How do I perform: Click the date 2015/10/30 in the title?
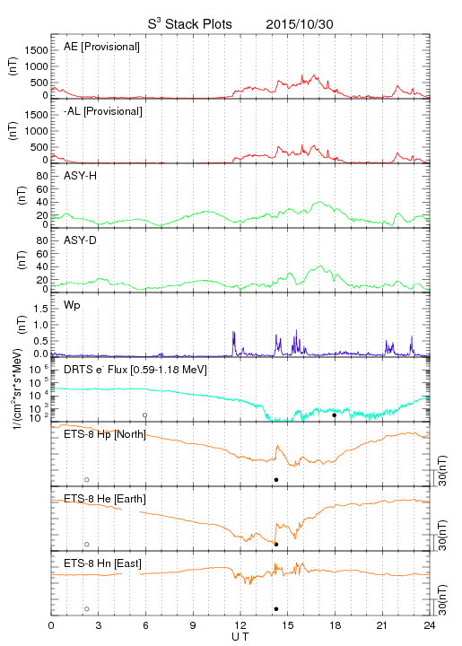point(300,24)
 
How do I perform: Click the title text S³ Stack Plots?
point(190,24)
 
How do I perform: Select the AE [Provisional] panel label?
point(101,47)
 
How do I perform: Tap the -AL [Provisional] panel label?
point(103,111)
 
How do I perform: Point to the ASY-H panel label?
point(81,176)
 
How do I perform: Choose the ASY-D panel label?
point(81,240)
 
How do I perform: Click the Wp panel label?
point(72,306)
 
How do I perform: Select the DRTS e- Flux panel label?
point(135,370)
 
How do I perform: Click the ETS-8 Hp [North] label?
point(105,434)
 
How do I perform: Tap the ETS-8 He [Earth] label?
point(105,499)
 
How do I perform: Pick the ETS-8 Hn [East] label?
point(102,563)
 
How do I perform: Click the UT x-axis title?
point(240,636)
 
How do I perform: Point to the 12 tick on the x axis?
point(240,625)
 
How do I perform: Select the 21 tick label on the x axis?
point(382,625)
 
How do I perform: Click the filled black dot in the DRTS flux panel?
point(335,415)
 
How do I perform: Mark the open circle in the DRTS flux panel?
point(145,415)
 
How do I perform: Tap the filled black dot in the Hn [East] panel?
point(276,609)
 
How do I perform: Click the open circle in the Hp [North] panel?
point(87,480)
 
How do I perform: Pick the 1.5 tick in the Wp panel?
point(40,309)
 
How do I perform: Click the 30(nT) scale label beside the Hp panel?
point(442,471)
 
